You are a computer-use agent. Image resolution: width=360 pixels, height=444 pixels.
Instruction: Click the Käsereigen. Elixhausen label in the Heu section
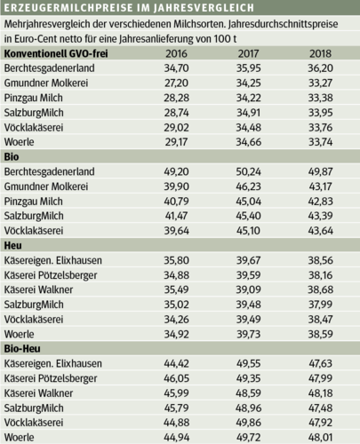click(61, 260)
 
